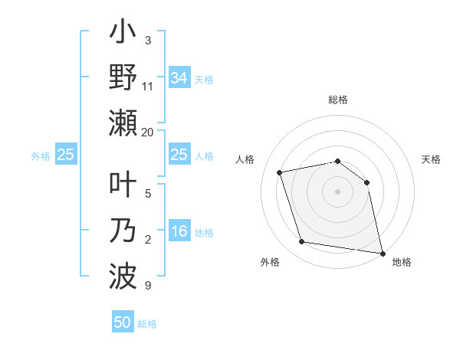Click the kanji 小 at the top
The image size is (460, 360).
[x=123, y=35]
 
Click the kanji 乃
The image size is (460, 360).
[x=123, y=231]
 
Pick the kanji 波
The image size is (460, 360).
[x=123, y=273]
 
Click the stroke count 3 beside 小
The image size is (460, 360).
[x=148, y=40]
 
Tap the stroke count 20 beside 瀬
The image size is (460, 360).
[x=148, y=133]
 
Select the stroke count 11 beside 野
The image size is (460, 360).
[x=148, y=86]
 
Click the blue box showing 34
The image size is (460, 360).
[x=179, y=77]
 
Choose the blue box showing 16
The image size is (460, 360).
[x=179, y=232]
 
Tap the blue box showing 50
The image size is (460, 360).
[x=123, y=322]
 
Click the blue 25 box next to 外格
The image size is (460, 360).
[x=66, y=155]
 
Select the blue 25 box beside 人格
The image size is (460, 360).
[x=179, y=155]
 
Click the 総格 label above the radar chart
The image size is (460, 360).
[x=338, y=100]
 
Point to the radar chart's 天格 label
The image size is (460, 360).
[x=432, y=159]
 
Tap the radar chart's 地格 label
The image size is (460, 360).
[x=402, y=262]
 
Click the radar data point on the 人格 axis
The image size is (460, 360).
[x=280, y=172]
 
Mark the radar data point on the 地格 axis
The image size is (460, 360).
[x=381, y=252]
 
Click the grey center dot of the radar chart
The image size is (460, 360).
[x=337, y=191]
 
